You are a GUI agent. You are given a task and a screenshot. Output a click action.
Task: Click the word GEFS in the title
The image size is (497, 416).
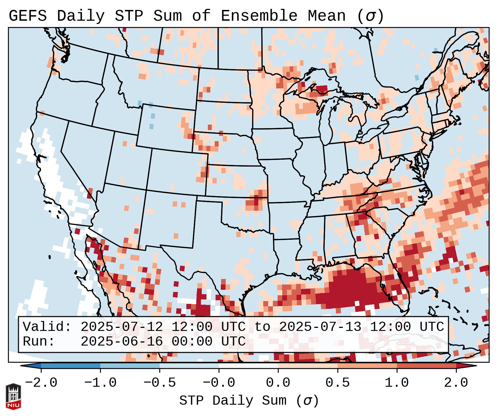pyautogui.click(x=28, y=16)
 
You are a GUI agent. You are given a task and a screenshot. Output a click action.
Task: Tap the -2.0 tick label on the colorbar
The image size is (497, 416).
pyautogui.click(x=41, y=383)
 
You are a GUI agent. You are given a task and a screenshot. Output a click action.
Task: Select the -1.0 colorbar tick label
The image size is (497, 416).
pyautogui.click(x=100, y=383)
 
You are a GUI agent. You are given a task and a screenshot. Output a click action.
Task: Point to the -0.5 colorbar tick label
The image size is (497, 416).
pyautogui.click(x=160, y=383)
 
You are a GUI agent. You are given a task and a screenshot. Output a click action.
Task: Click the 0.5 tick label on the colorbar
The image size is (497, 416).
pyautogui.click(x=337, y=383)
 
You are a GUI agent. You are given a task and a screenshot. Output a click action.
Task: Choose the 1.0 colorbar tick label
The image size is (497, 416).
pyautogui.click(x=397, y=383)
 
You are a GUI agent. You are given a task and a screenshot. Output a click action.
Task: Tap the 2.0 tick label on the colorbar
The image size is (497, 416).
pyautogui.click(x=456, y=383)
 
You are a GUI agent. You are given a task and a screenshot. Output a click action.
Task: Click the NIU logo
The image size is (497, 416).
pyautogui.click(x=13, y=396)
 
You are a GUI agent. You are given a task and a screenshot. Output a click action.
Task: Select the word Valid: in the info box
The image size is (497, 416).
pyautogui.click(x=47, y=327)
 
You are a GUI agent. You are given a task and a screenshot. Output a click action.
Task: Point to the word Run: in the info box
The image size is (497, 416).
pyautogui.click(x=39, y=341)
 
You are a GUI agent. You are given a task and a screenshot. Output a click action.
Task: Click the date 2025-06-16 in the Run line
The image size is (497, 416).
pyautogui.click(x=122, y=341)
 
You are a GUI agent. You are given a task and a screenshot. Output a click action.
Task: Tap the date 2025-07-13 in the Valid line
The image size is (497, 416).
pyautogui.click(x=320, y=327)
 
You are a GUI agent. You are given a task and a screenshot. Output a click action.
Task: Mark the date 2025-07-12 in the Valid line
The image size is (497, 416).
pyautogui.click(x=122, y=327)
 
